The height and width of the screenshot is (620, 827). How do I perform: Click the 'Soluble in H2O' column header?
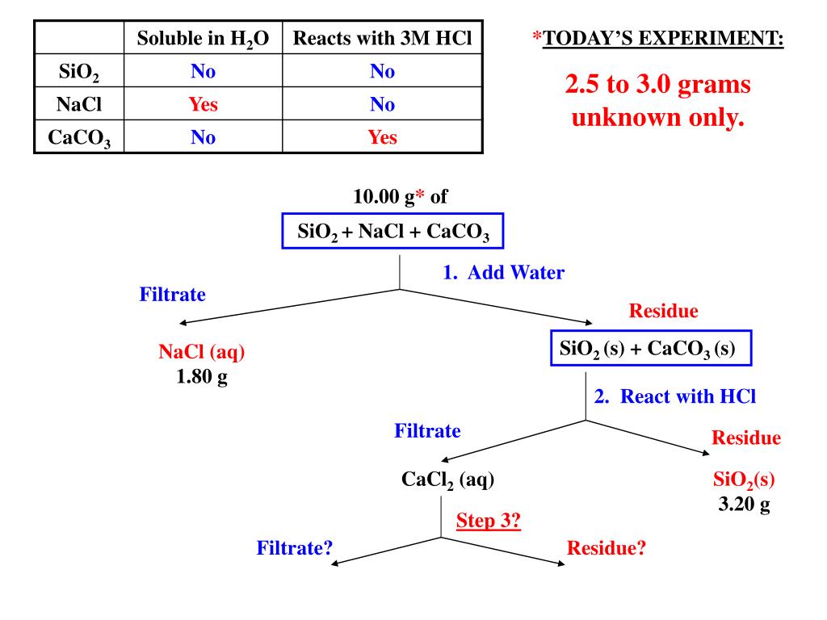coord(203,39)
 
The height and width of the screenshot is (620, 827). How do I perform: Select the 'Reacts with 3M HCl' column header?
coord(382,39)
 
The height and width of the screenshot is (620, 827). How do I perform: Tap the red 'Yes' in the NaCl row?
coord(204,104)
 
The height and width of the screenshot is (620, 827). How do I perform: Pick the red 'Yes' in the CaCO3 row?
coord(382,137)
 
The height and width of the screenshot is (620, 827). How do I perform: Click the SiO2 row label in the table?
coord(79,73)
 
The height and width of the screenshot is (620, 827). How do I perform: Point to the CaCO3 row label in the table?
coord(79,138)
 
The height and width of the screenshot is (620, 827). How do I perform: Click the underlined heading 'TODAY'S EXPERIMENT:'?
coord(662,39)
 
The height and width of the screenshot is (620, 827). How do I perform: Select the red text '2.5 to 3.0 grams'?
coord(657,86)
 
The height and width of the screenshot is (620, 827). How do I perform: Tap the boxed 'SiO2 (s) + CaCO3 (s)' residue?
coord(652,349)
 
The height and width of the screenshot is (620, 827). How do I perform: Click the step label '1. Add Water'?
coord(503,273)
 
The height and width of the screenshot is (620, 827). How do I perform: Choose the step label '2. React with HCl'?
coord(675,396)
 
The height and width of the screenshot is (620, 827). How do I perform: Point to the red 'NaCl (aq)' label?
coord(202,352)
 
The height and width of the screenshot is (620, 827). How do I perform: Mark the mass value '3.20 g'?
coord(744,505)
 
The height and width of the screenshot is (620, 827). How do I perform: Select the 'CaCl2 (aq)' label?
coord(447,480)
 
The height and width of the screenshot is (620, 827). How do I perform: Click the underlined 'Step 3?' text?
coord(489,521)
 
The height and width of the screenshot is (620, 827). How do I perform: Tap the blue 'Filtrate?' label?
coord(296,548)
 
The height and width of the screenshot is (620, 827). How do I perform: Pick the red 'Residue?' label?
coord(607,548)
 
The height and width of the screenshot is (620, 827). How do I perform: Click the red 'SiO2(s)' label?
coord(744,480)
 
